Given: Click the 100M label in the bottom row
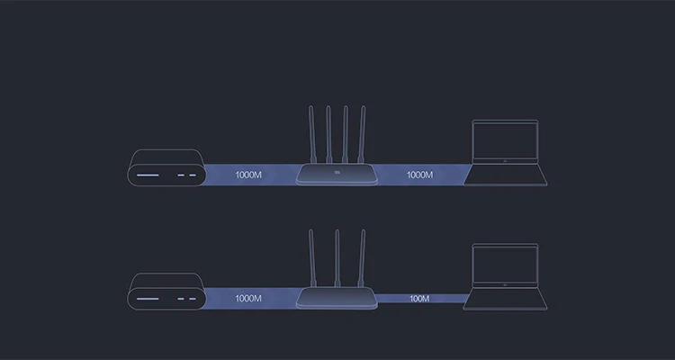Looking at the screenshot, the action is tap(419, 298).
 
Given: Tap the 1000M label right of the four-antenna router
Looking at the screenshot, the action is tap(419, 175).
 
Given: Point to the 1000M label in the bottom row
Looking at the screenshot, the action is tap(247, 298).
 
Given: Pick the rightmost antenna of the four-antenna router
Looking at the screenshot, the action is tap(363, 135).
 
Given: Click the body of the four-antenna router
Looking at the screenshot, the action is tap(337, 175).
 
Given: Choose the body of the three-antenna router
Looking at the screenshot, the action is tap(337, 298).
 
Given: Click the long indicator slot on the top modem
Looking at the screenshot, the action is tap(149, 175).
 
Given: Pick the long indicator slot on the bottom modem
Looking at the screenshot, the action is tap(149, 298).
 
